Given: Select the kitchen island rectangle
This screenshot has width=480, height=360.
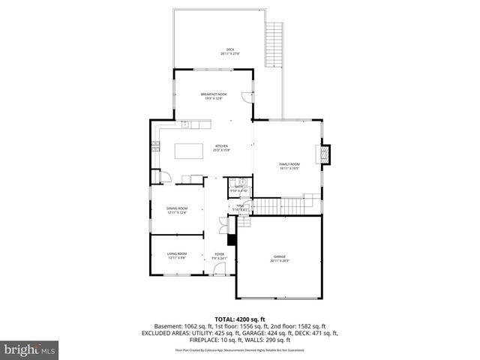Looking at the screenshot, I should [x=189, y=151].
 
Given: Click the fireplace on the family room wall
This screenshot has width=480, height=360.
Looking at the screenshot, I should [x=325, y=153].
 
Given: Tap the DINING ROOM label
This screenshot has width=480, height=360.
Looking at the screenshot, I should [x=177, y=210].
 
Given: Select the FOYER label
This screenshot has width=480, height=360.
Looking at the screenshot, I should [x=219, y=256].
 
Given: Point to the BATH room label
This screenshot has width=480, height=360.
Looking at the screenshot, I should [x=239, y=188].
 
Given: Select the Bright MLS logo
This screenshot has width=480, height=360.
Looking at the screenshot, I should [x=30, y=349].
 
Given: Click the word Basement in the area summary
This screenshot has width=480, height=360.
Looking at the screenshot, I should [x=168, y=326].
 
